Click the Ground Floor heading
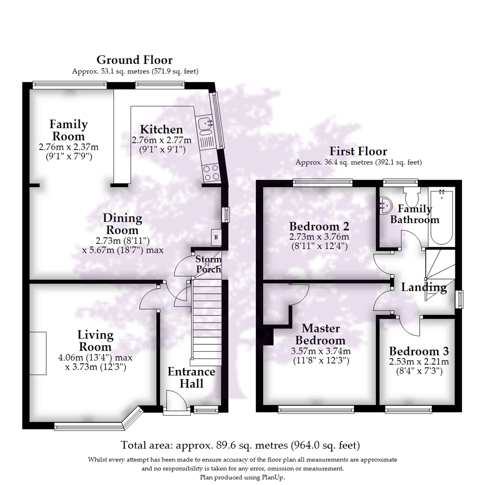click(x=135, y=60)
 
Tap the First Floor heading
click(x=358, y=151)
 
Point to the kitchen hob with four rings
click(x=210, y=173)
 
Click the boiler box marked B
click(x=216, y=237)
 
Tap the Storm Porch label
click(x=208, y=265)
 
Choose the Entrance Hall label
click(x=191, y=378)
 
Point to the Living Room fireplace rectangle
click(x=38, y=353)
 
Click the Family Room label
click(x=69, y=130)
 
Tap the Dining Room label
click(x=123, y=224)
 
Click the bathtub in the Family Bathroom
click(x=442, y=217)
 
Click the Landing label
click(x=424, y=287)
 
